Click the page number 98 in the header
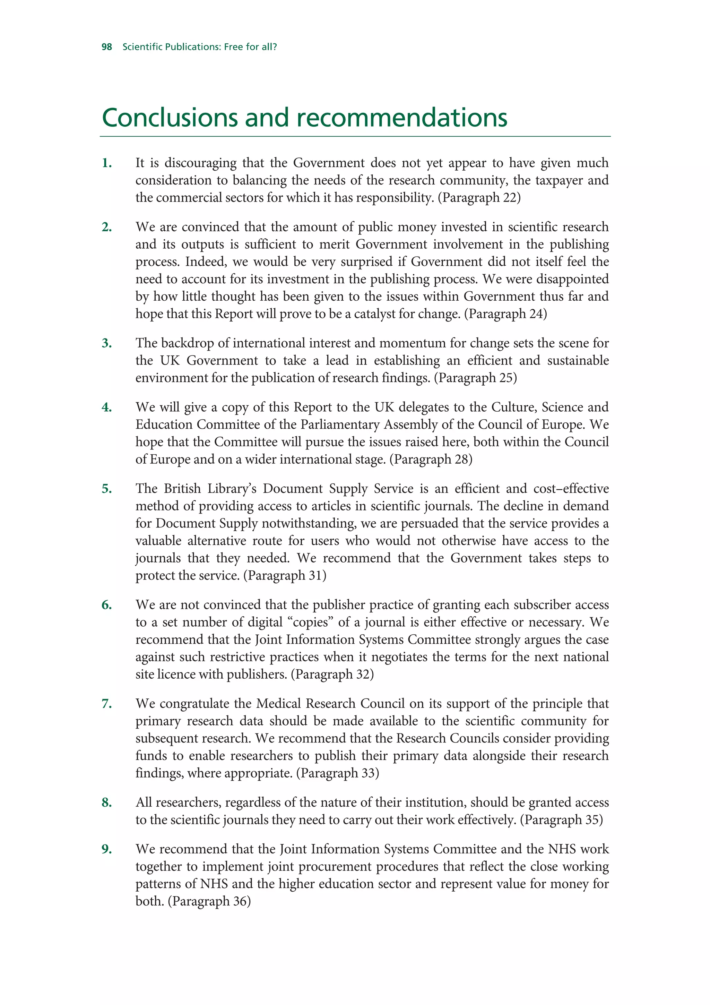[x=107, y=47]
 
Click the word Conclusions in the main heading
[x=170, y=118]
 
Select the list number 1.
[x=107, y=163]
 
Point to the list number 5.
[x=107, y=489]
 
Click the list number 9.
[x=107, y=849]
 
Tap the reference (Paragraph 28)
[x=431, y=459]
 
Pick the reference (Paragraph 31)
[x=285, y=576]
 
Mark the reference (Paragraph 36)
[x=209, y=901]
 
